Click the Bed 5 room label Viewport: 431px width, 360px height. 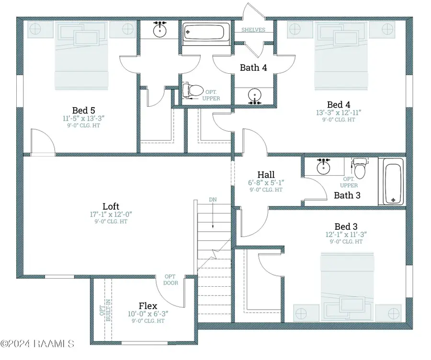click(x=83, y=111)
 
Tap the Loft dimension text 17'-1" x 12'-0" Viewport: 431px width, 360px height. click(x=111, y=214)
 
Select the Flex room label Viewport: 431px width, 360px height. click(x=148, y=306)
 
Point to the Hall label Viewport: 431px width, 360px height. click(x=266, y=175)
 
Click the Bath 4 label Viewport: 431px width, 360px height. click(x=253, y=67)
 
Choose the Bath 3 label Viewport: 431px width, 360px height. click(x=347, y=195)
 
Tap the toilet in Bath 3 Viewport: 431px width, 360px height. click(x=360, y=168)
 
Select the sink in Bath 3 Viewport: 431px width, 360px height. click(x=324, y=166)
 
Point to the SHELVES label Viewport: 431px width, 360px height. click(x=253, y=30)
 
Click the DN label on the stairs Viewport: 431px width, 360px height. click(x=213, y=200)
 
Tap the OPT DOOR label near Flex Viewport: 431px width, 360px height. click(x=170, y=280)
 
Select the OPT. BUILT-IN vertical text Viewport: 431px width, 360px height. click(x=105, y=310)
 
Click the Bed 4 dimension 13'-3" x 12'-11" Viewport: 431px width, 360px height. click(x=339, y=112)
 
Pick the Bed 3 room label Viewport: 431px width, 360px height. click(x=346, y=227)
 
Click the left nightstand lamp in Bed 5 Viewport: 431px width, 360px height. click(x=35, y=29)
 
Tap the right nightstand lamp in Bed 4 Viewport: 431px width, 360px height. click(x=387, y=29)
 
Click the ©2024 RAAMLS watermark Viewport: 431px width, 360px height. click(x=37, y=344)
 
